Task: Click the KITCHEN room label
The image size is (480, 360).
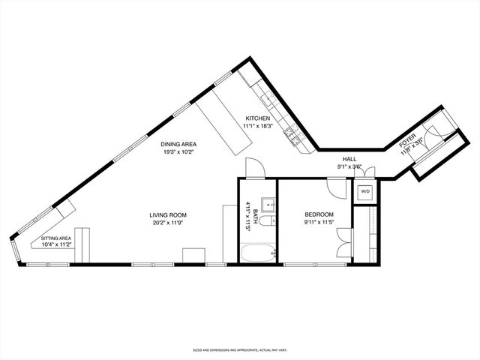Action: pyautogui.click(x=257, y=118)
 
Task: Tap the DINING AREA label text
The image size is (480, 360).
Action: pyautogui.click(x=178, y=144)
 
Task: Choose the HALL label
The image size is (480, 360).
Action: pyautogui.click(x=349, y=159)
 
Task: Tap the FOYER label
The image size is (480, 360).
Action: pyautogui.click(x=406, y=140)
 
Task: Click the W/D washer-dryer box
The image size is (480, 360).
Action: pyautogui.click(x=365, y=191)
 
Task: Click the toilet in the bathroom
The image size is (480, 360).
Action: pyautogui.click(x=271, y=220)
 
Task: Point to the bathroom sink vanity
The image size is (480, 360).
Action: pyautogui.click(x=268, y=205)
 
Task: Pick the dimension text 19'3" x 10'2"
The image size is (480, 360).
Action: pyautogui.click(x=178, y=151)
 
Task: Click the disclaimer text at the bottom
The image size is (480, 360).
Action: pyautogui.click(x=240, y=349)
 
